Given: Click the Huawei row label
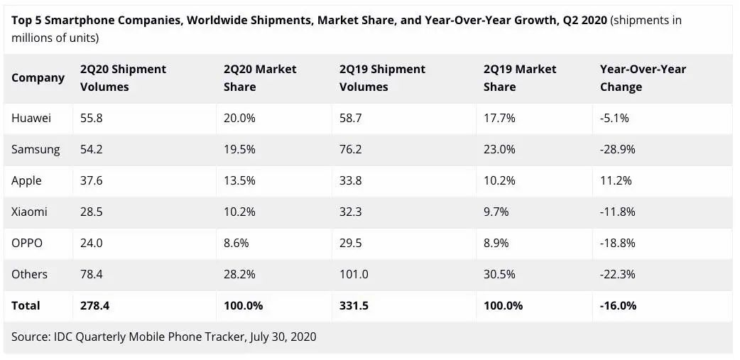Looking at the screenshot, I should coord(31,118).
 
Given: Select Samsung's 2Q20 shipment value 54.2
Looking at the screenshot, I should coord(92,149).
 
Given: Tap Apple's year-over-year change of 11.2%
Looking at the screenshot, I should coord(614,180).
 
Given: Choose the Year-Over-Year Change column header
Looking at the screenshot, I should coord(643,78).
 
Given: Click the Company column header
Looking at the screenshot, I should coord(38,77).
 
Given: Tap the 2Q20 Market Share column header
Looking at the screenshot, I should coord(260,78).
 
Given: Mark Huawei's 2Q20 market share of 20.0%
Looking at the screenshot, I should coord(239,118).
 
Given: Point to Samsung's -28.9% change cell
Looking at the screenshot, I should coord(617,149).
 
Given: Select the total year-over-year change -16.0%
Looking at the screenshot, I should coord(618,305).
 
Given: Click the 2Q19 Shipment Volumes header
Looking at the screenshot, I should coord(382,78).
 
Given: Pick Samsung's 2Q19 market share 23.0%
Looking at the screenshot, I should coord(499,149).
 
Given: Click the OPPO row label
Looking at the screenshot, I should coord(27,243).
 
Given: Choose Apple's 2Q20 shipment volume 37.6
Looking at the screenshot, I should coord(92,180).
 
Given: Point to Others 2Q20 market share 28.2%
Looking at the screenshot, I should coord(239,274).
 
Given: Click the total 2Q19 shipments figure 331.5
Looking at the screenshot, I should coord(353,305).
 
